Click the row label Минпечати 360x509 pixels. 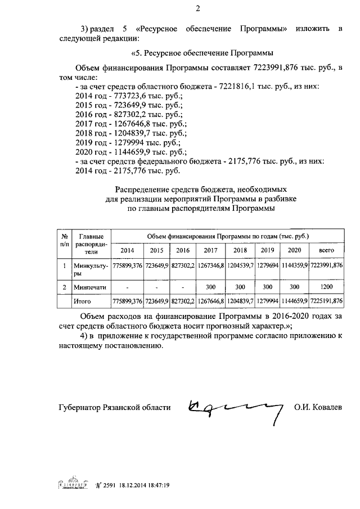click(x=90, y=287)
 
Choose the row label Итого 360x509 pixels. click(x=83, y=301)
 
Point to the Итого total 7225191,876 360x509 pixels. click(x=326, y=301)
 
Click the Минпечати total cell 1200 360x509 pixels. click(x=326, y=287)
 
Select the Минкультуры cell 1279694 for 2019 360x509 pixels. click(x=267, y=264)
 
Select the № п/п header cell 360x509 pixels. click(x=65, y=240)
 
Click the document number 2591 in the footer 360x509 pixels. click(x=109, y=485)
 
